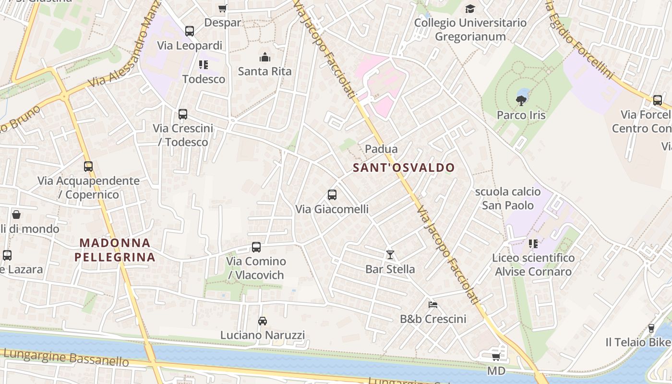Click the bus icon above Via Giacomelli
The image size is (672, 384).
pos(332,195)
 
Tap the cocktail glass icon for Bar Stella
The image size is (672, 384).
pos(390,254)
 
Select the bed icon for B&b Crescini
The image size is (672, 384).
pos(433,304)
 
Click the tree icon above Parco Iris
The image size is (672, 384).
pos(521,100)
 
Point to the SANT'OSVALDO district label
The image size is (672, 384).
pos(404,168)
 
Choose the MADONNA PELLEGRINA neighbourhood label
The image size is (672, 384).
pos(115,250)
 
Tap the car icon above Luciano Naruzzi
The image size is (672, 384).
pos(262,321)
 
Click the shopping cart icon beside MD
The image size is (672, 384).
pos(496,357)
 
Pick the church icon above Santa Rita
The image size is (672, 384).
pos(264,58)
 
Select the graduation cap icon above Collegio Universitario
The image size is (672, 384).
pos(470,9)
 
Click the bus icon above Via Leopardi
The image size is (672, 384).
pos(190,31)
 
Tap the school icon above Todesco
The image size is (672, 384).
pos(204,65)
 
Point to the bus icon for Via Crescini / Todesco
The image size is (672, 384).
pos(183,114)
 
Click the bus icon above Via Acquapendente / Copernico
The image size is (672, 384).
pos(88,167)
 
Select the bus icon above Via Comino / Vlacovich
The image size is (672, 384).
pos(256,247)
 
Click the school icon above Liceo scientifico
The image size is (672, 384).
pos(533,244)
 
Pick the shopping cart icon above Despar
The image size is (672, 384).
pos(222,9)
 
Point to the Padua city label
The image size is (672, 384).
pos(381,149)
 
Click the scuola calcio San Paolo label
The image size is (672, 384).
pos(508,198)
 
